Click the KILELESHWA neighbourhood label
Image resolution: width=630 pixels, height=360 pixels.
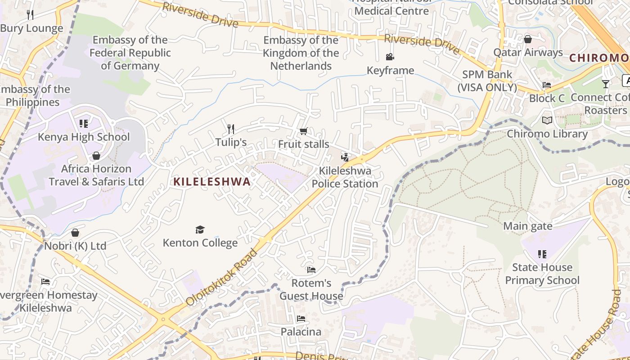[x=212, y=182]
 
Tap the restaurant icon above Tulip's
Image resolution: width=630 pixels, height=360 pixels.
[x=231, y=129]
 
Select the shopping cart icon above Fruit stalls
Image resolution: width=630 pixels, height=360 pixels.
[x=303, y=131]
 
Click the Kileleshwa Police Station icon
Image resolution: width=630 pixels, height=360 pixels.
[x=345, y=157]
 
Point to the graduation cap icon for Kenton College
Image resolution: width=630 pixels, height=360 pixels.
[x=200, y=230]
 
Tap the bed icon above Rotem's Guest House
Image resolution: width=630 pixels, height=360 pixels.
[x=311, y=270]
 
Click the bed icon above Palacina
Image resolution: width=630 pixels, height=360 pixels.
[x=301, y=319]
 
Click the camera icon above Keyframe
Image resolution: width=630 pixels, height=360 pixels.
[x=390, y=57]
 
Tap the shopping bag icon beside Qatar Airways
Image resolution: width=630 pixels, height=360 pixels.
[x=528, y=39]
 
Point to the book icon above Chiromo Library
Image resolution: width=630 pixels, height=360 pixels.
[x=547, y=121]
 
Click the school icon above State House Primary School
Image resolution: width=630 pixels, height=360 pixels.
[x=542, y=254]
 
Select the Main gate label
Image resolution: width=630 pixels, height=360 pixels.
[x=528, y=226]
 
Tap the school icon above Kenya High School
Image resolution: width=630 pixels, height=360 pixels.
[x=83, y=123]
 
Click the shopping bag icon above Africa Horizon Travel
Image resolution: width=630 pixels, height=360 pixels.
[x=96, y=156]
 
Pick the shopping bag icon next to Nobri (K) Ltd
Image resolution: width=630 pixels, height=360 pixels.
[x=75, y=233]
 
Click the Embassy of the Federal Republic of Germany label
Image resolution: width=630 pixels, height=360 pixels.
[x=130, y=53]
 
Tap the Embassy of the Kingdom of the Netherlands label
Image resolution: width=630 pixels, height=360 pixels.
[x=301, y=53]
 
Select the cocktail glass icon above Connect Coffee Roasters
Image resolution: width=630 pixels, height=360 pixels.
[x=606, y=84]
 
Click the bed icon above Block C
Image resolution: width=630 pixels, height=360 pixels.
[x=547, y=85]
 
